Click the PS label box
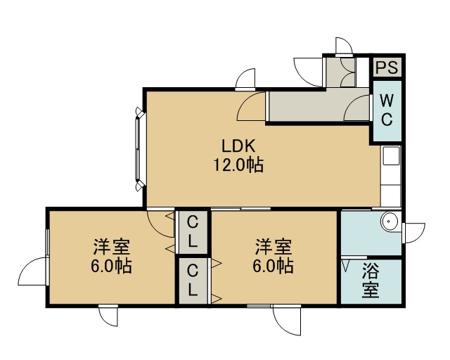pyautogui.click(x=387, y=67)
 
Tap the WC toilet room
pyautogui.click(x=387, y=111)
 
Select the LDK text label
pyautogui.click(x=238, y=146)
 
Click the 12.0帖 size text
pyautogui.click(x=238, y=165)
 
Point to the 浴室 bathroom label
pyautogui.click(x=371, y=281)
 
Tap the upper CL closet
pyautogui.click(x=193, y=232)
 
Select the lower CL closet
pyautogui.click(x=193, y=281)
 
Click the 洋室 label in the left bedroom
pyautogui.click(x=111, y=247)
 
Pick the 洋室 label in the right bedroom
pyautogui.click(x=274, y=247)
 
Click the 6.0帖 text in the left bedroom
pyautogui.click(x=111, y=266)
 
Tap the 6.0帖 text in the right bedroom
pyautogui.click(x=274, y=266)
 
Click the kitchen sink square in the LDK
pyautogui.click(x=391, y=156)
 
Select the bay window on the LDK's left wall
pyautogui.click(x=139, y=148)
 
